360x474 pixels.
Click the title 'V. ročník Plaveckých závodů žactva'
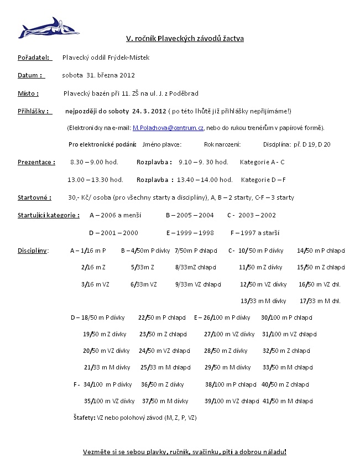point(185,39)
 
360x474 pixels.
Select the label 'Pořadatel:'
point(34,57)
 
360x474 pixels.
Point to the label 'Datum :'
point(30,75)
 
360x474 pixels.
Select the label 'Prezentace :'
point(36,163)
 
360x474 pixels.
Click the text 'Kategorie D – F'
point(263,180)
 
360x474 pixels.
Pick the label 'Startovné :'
point(34,197)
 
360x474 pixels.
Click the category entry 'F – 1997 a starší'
point(255,233)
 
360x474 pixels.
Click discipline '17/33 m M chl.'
point(320,301)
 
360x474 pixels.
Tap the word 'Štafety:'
point(84,418)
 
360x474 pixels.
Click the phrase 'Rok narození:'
point(222,144)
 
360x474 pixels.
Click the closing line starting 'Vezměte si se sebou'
point(185,452)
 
